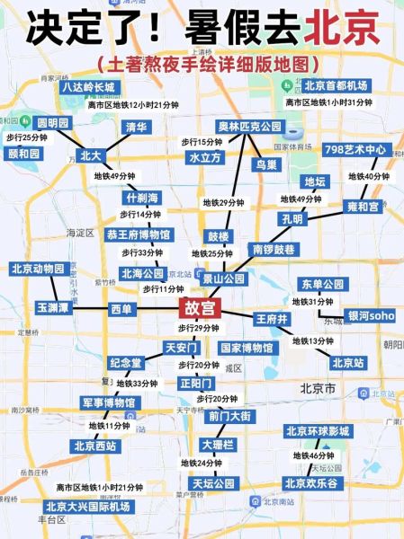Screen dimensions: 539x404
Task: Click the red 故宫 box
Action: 200,308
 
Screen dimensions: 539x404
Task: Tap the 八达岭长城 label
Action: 88,87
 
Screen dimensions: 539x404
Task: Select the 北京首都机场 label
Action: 336,86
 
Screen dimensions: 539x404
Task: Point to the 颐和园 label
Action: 24,154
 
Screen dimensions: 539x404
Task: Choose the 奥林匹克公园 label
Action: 249,127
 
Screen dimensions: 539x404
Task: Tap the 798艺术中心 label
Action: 355,149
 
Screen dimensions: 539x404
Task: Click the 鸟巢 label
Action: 265,164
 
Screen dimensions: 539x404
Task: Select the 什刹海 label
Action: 142,198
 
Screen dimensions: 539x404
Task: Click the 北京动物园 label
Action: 39,269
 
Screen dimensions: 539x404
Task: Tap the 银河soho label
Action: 371,315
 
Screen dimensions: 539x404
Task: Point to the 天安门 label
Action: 181,347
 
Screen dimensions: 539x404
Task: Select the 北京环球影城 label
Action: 317,431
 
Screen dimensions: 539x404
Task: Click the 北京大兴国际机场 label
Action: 87,507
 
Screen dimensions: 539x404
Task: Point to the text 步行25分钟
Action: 26,137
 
